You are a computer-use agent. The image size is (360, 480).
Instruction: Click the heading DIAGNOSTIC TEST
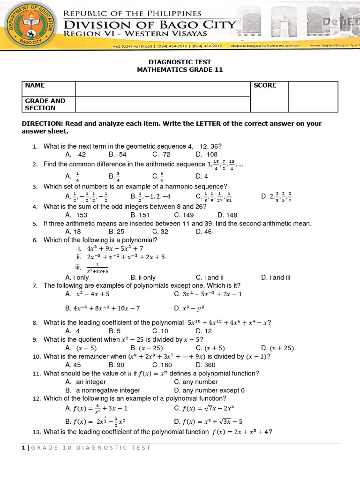[180, 61]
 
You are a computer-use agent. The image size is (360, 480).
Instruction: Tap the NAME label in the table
[35, 85]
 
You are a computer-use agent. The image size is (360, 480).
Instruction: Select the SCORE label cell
[265, 85]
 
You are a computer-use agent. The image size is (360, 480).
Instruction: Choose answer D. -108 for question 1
[208, 154]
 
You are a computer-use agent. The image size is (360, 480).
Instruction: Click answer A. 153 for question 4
[76, 215]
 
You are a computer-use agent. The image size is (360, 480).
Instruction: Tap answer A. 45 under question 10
[73, 364]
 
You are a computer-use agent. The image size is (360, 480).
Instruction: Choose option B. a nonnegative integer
[103, 390]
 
